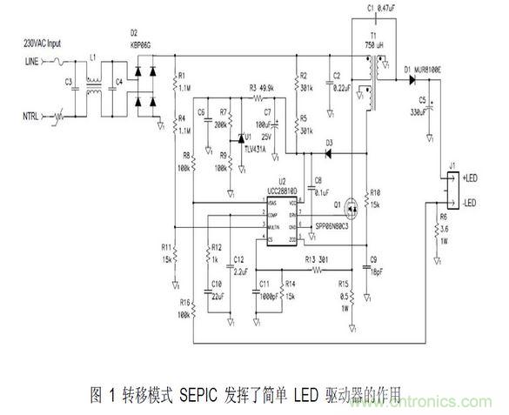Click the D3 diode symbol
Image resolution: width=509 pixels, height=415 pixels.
[329, 153]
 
